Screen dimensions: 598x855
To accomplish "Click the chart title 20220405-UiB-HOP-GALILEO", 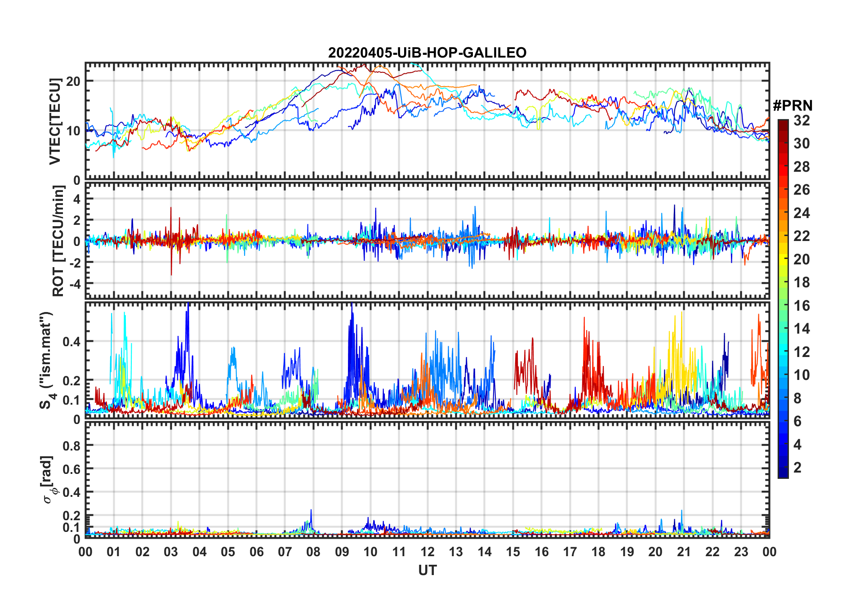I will click(x=427, y=53).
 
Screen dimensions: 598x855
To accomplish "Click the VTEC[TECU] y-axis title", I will click(x=55, y=121).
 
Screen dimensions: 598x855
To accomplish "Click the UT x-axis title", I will click(x=427, y=570).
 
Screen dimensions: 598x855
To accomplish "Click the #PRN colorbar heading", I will click(x=793, y=106).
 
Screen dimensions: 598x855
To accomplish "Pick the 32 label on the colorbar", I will click(x=802, y=120).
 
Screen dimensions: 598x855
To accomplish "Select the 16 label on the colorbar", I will click(x=802, y=306).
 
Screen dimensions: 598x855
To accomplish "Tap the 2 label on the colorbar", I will click(x=797, y=468).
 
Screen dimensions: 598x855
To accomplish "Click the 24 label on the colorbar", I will click(x=802, y=213).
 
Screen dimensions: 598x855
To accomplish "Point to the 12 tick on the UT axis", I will click(x=427, y=552).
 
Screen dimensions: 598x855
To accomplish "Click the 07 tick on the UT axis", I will click(x=285, y=552).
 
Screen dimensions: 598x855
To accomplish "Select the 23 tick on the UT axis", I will click(x=741, y=552).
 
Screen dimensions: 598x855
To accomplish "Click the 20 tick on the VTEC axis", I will click(x=73, y=81).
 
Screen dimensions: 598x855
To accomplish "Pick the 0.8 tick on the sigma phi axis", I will click(x=71, y=446).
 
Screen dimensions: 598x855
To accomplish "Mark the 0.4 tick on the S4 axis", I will click(x=71, y=341).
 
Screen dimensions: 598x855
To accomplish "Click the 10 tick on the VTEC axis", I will click(x=73, y=131).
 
